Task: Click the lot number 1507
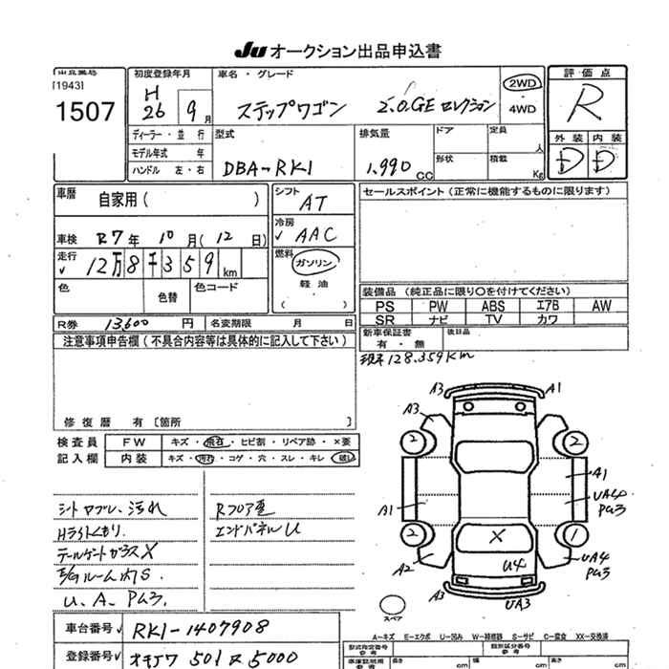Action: tap(86, 113)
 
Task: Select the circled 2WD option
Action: tap(524, 83)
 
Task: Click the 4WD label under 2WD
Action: tap(523, 109)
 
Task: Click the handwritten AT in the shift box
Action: tap(313, 203)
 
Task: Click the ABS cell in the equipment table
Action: tap(493, 306)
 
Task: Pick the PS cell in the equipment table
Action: tap(384, 306)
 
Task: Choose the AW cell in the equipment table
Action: tap(601, 306)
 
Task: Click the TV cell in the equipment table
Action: tap(493, 319)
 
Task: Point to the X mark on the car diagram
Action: tap(497, 536)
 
